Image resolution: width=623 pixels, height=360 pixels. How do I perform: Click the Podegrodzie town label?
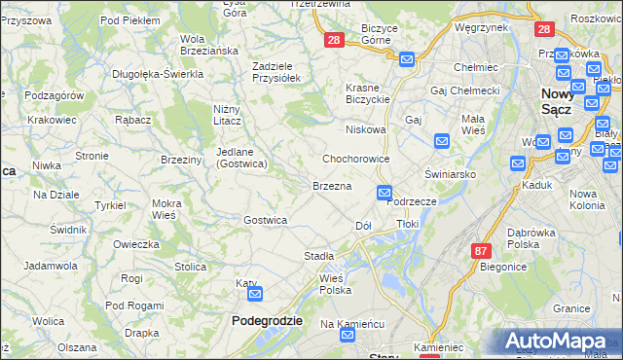tap(267, 320)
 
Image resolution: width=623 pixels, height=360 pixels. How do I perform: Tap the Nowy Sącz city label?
tap(561, 100)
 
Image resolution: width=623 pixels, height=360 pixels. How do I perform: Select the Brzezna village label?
tap(331, 185)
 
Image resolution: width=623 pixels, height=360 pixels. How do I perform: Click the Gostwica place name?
tap(265, 220)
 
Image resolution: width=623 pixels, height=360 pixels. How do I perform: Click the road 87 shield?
tap(480, 250)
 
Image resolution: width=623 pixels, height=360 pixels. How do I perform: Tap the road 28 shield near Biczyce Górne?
tap(334, 40)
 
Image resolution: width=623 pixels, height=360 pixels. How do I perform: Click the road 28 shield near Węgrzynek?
tap(542, 29)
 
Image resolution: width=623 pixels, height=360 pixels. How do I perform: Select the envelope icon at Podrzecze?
tap(385, 194)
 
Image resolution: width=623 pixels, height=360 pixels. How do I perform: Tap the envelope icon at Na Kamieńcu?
tap(348, 336)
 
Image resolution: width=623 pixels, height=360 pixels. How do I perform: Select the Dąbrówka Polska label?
tap(536, 238)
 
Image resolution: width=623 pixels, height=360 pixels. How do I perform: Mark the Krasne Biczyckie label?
tap(368, 93)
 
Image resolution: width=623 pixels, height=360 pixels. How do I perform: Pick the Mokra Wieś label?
tap(150, 209)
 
